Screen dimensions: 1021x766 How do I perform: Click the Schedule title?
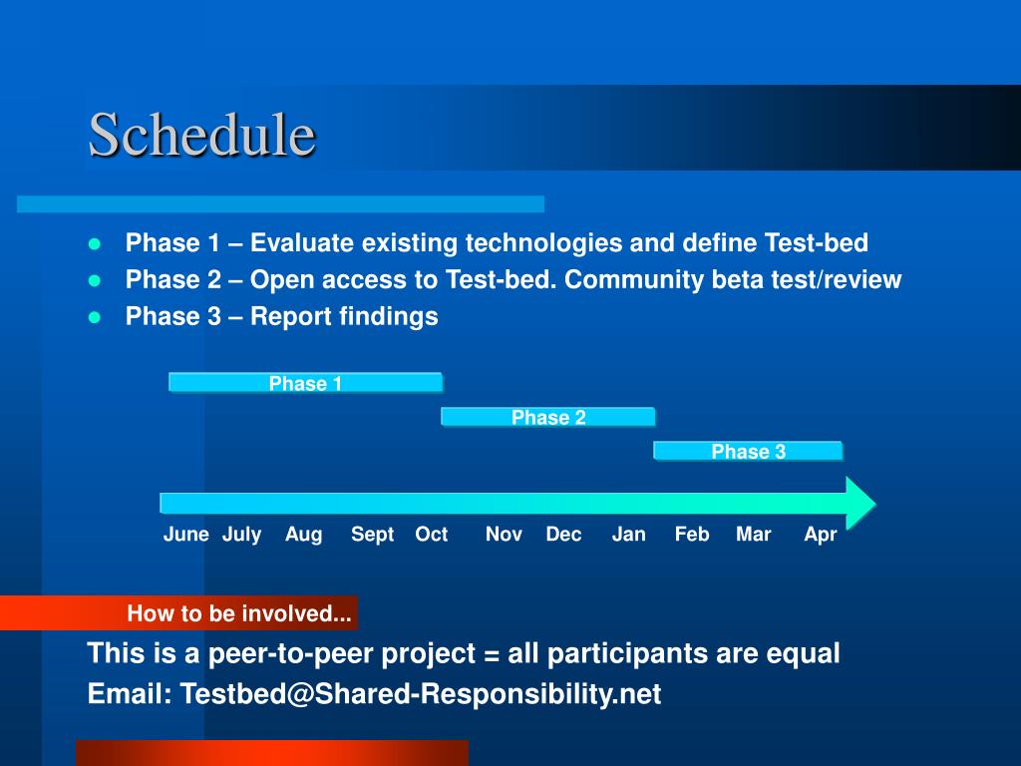[201, 135]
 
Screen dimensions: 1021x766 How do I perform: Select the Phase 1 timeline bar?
[305, 382]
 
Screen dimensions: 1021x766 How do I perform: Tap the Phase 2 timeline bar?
[548, 417]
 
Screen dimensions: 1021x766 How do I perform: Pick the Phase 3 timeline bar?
[748, 451]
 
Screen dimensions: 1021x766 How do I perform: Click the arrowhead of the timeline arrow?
[860, 504]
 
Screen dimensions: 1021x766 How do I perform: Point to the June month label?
[186, 535]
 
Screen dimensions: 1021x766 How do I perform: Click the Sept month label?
[373, 535]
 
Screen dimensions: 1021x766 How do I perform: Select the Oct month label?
[431, 535]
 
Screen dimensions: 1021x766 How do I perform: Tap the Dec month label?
[563, 535]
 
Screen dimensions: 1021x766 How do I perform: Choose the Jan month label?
[628, 535]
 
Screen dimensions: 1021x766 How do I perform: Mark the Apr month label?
[820, 535]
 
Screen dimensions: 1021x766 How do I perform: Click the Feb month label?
[692, 535]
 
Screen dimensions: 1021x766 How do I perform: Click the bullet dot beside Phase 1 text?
[95, 244]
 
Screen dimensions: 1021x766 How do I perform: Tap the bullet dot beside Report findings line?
[95, 318]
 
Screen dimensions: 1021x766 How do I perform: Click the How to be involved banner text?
[239, 613]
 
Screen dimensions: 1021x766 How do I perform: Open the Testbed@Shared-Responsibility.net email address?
[421, 694]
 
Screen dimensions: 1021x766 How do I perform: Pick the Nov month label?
[504, 535]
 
